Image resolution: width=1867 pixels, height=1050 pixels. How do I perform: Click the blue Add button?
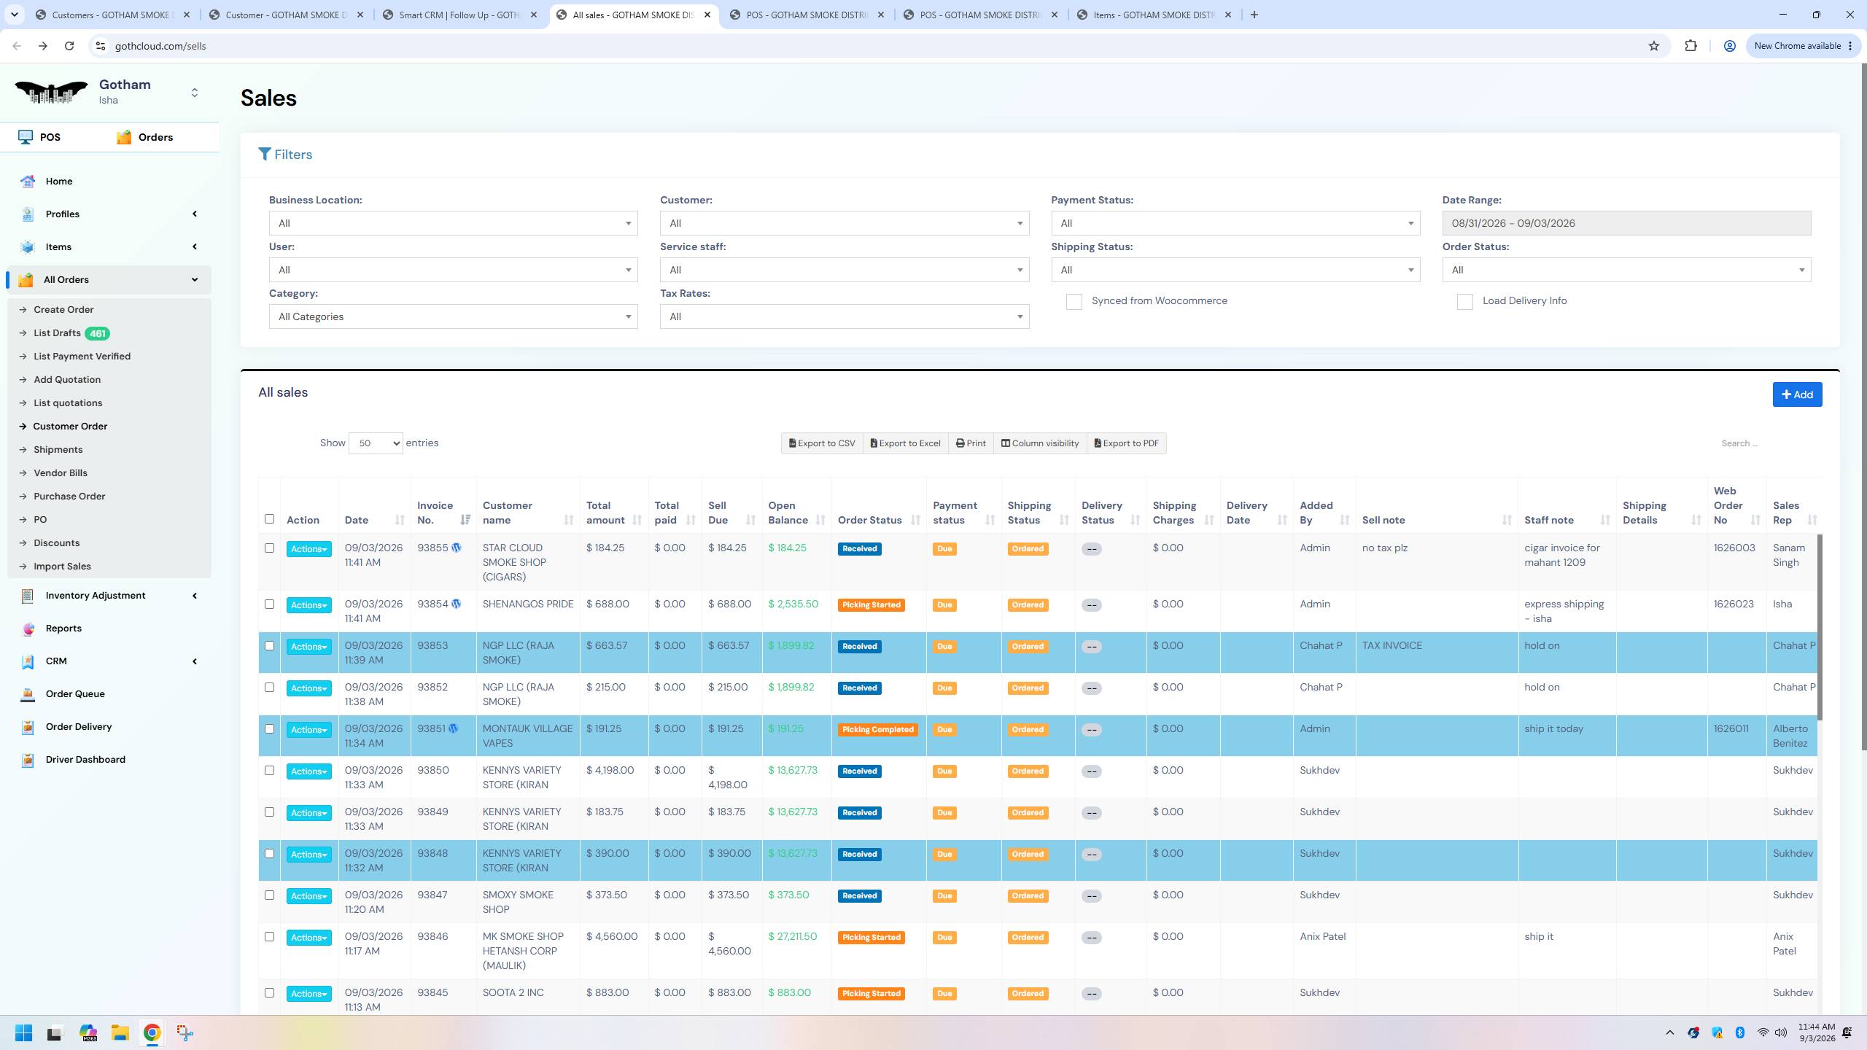pos(1797,394)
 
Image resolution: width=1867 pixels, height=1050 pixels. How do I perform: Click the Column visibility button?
pos(1040,443)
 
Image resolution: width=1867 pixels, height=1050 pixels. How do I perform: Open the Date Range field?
pos(1626,223)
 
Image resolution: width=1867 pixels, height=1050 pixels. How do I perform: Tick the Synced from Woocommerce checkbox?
pos(1074,302)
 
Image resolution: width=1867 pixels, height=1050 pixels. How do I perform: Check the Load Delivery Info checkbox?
pos(1464,302)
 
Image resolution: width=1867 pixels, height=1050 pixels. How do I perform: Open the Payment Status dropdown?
pos(1235,223)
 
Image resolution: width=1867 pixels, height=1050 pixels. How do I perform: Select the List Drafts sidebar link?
pos(57,333)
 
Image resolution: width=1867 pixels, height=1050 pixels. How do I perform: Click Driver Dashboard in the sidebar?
pos(85,760)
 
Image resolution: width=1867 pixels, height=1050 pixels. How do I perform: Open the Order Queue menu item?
pos(75,694)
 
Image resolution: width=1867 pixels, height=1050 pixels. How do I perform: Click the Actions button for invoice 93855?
pos(308,549)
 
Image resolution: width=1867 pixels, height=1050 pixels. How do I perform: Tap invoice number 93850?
pos(433,771)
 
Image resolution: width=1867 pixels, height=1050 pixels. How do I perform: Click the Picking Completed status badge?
pos(877,730)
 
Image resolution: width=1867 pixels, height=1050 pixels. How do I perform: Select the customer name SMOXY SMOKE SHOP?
pos(518,903)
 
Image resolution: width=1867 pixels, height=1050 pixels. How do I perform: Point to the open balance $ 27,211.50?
pos(792,937)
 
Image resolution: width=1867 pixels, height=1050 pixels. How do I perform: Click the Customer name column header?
pos(507,513)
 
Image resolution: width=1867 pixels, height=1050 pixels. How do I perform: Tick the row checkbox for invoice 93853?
pos(269,646)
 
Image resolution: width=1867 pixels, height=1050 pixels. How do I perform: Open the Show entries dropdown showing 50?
pos(376,443)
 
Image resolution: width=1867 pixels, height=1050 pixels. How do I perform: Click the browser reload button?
pos(69,46)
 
